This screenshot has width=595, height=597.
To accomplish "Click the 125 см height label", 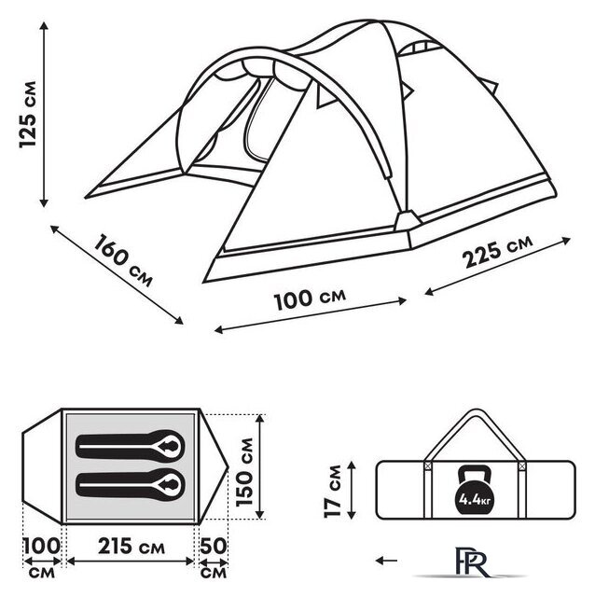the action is click(x=28, y=114).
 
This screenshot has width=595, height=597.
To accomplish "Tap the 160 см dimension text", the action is click(x=123, y=260).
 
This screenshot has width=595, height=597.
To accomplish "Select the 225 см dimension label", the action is click(x=497, y=251).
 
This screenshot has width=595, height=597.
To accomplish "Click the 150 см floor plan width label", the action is click(x=244, y=472).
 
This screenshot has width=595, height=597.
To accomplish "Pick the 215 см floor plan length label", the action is click(x=131, y=547).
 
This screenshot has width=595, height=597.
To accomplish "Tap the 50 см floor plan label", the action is click(x=214, y=558).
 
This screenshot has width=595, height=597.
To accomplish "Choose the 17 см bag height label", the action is click(x=333, y=492).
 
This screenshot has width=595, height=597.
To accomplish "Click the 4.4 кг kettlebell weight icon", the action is click(x=475, y=490).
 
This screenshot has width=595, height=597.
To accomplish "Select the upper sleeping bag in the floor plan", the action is click(x=131, y=446).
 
